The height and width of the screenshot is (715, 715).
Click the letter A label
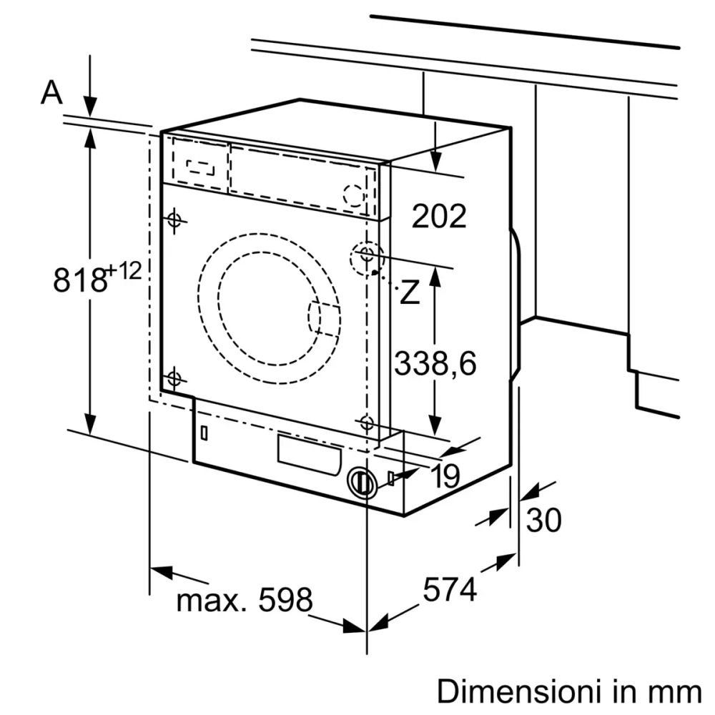[51, 92]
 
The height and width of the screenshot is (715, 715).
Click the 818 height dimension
[79, 279]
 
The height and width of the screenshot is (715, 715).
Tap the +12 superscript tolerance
[124, 271]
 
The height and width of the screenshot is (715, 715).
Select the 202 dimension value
[439, 215]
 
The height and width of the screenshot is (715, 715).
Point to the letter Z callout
[409, 292]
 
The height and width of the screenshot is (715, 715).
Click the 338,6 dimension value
[435, 364]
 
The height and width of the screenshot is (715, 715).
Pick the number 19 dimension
[445, 477]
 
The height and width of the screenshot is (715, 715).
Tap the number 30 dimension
[543, 521]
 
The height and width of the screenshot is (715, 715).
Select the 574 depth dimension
[450, 591]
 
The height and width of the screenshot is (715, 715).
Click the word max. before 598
[209, 601]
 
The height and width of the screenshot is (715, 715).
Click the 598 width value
[285, 601]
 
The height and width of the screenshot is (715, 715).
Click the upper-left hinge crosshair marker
[174, 220]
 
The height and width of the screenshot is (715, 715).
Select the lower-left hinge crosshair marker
[174, 378]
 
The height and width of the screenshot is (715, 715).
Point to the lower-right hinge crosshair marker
[368, 422]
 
